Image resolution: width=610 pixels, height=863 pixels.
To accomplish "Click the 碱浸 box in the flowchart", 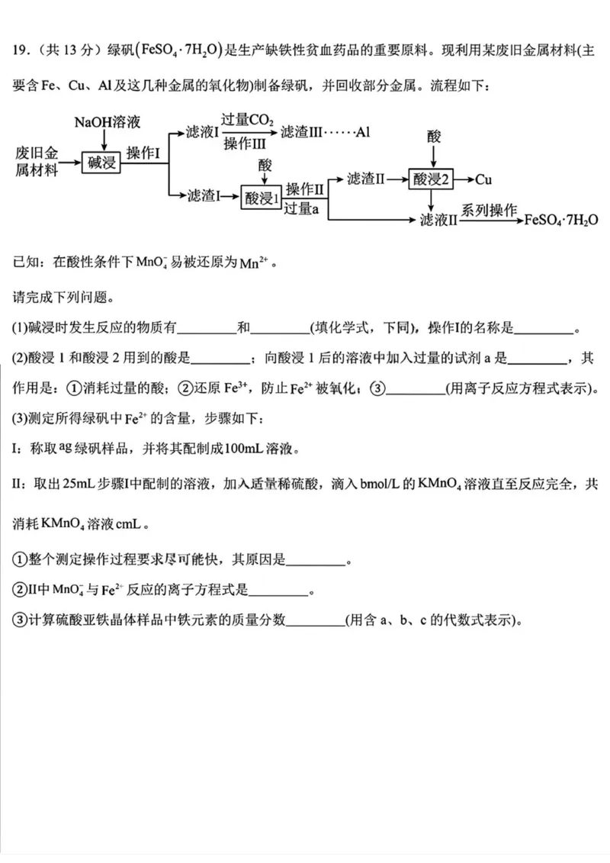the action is [x=101, y=162].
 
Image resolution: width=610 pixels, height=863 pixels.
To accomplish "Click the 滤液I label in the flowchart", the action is [x=202, y=133].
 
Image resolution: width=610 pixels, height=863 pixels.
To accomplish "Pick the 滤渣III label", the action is [x=300, y=133].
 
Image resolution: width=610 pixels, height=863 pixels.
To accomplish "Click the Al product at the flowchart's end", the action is [x=362, y=133].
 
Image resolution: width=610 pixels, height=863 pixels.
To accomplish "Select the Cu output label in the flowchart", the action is [x=483, y=180].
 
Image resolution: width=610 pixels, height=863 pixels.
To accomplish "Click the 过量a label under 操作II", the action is [x=301, y=208].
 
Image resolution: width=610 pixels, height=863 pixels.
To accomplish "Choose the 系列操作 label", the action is [x=488, y=209].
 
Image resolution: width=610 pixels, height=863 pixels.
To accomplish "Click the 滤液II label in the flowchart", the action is [x=438, y=220].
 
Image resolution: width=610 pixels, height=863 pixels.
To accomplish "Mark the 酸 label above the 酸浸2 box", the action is [x=434, y=136].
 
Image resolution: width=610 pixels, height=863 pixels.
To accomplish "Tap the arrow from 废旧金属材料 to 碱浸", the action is [x=71, y=162].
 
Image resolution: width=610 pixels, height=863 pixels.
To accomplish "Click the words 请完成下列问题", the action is [x=62, y=296].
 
